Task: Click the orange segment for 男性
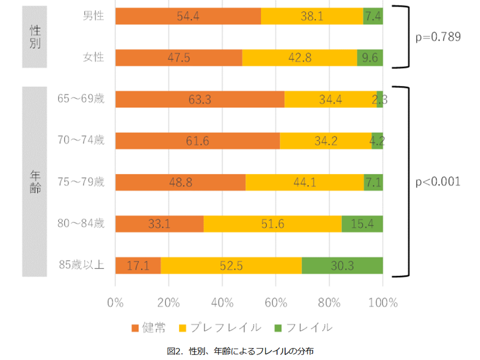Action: [x=188, y=16]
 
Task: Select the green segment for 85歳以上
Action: [x=342, y=265]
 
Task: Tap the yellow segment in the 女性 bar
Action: [x=299, y=57]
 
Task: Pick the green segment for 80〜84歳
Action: [x=362, y=223]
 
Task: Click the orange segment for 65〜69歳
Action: [x=199, y=99]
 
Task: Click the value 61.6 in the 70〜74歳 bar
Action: [x=197, y=141]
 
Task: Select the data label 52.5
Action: [x=230, y=265]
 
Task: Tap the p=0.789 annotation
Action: [x=438, y=37]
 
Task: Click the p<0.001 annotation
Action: [x=438, y=181]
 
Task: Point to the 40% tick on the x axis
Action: [x=222, y=303]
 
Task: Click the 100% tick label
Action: [x=382, y=303]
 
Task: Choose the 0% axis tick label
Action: [x=115, y=303]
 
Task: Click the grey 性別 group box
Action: [x=34, y=37]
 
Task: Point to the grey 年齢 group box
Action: [x=34, y=181]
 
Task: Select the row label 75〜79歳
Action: [x=81, y=182]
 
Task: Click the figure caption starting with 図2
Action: [x=240, y=351]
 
